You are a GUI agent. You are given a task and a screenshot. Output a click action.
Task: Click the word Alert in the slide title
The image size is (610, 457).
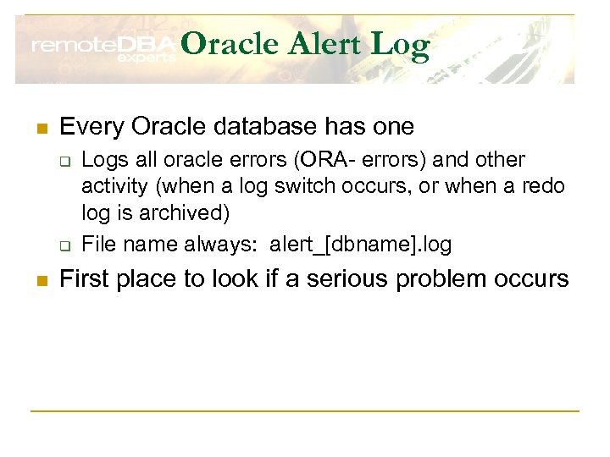(320, 45)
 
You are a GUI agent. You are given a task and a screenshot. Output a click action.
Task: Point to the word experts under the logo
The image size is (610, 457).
(146, 58)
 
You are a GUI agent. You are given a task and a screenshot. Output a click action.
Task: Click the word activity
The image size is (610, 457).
(113, 186)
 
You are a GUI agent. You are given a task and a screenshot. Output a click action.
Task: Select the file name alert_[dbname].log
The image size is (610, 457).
(361, 245)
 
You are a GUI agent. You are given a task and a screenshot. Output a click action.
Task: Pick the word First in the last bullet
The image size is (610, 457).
(86, 278)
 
